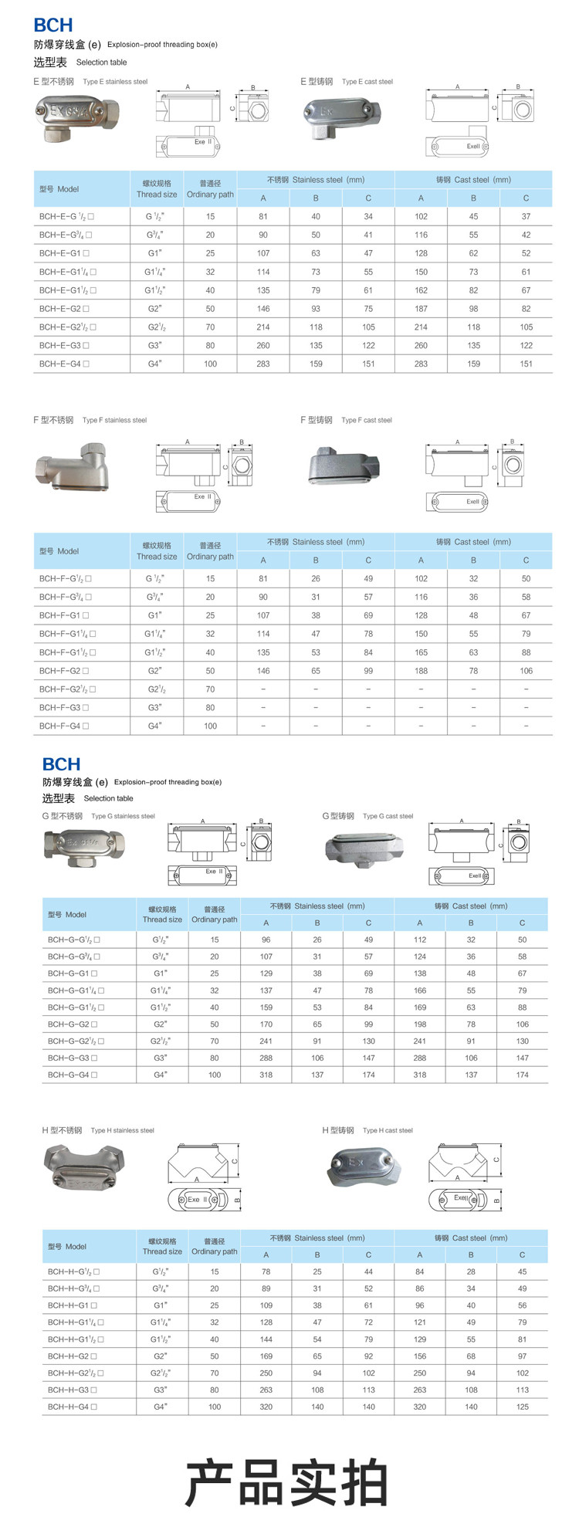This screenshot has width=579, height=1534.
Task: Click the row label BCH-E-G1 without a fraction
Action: point(64,253)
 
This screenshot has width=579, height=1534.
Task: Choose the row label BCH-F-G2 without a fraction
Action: point(64,671)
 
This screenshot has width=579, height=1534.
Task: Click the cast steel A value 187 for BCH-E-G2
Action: point(421,309)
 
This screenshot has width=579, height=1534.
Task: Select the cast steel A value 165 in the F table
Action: point(421,652)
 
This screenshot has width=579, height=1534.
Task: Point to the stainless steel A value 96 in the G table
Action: point(266,940)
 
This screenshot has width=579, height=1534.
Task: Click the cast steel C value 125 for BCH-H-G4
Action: point(523,1407)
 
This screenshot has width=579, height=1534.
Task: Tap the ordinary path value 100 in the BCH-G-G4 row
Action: point(215,1075)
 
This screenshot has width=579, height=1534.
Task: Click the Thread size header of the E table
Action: point(157,189)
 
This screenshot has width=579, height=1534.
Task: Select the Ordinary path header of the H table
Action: point(215,1246)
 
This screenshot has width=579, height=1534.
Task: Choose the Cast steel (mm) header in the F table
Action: point(473,542)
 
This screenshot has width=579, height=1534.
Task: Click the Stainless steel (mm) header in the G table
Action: point(317,906)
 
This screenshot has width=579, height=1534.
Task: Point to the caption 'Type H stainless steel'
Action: point(122,1130)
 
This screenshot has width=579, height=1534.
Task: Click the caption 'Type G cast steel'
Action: point(388,816)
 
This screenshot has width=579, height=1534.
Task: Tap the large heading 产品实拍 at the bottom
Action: point(286,1482)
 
